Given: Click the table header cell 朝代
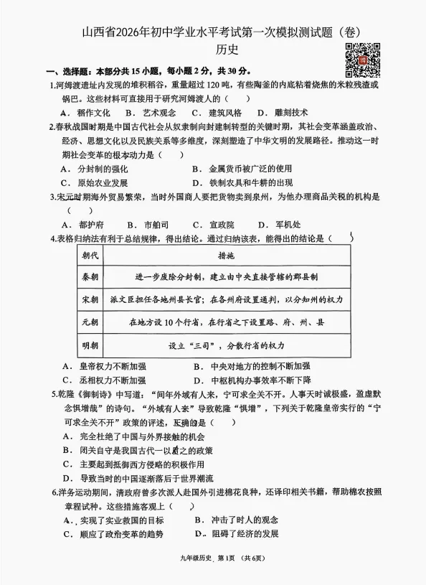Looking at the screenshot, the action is [x=91, y=255].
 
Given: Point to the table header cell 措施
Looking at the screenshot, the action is [x=228, y=255].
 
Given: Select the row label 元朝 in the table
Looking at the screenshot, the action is [x=91, y=322].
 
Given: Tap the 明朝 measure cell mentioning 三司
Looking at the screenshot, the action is [x=228, y=345].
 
